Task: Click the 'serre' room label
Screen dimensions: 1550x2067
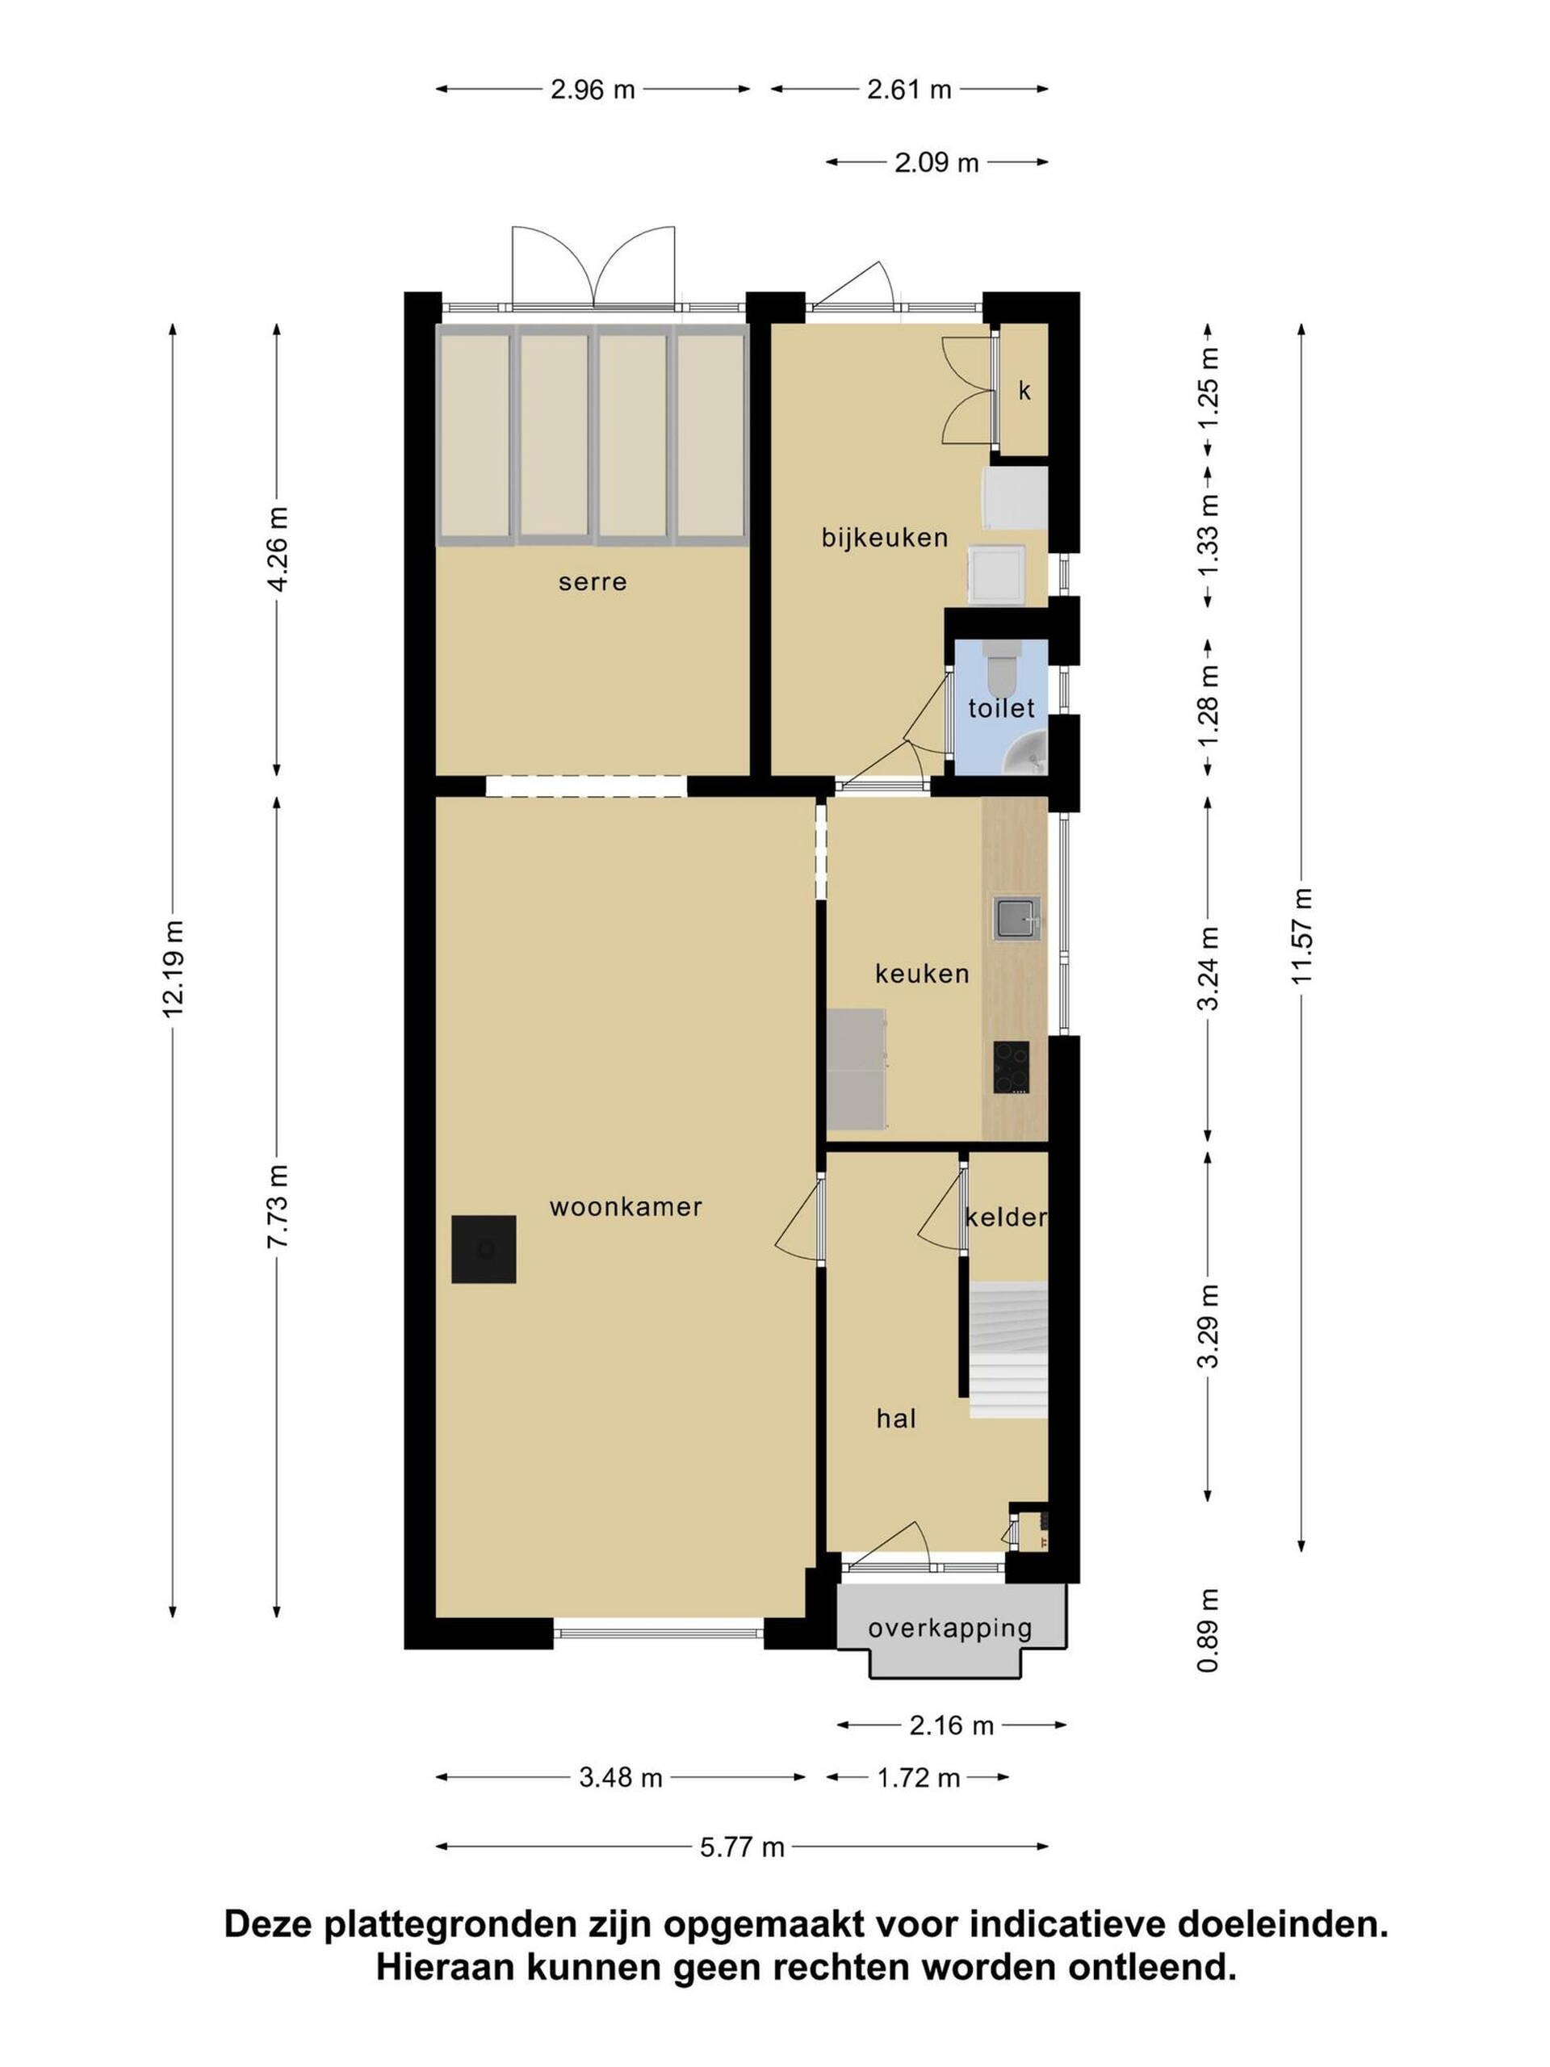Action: point(593,582)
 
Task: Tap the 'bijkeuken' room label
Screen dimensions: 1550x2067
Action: point(885,537)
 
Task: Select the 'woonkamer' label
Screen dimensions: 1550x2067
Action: point(625,1206)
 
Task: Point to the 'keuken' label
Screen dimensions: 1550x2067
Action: point(922,974)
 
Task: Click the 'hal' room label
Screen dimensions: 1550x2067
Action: point(896,1419)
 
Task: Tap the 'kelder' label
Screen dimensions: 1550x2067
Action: point(1005,1217)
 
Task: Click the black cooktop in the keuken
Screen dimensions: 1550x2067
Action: point(1012,1067)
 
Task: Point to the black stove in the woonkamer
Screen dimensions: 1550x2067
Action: point(484,1248)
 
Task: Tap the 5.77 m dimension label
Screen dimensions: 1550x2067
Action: point(743,1847)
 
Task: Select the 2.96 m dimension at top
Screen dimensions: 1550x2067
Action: point(593,90)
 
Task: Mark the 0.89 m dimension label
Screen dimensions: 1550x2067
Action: point(1209,1629)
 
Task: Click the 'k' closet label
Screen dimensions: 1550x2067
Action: point(1024,391)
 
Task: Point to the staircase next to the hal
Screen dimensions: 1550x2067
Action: point(1007,1350)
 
